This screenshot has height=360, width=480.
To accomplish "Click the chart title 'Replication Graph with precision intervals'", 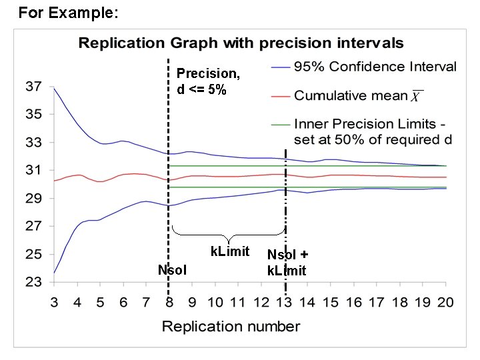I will click(x=241, y=43).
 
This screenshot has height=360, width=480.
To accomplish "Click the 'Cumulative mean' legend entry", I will click(x=351, y=95).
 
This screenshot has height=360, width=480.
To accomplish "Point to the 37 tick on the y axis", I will click(x=33, y=86).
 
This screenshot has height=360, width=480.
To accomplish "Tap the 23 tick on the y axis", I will click(x=33, y=282).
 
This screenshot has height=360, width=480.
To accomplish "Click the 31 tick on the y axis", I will click(x=33, y=170).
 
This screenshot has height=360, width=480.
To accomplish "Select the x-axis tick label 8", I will click(x=169, y=302).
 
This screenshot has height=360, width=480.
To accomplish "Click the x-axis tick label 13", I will click(x=285, y=302).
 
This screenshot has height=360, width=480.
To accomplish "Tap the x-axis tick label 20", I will click(x=445, y=302).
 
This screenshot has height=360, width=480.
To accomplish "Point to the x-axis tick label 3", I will click(x=54, y=302).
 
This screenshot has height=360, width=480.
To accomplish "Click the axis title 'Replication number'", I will click(x=231, y=327).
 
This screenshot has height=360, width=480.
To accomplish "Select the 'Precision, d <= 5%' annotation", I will click(x=207, y=81).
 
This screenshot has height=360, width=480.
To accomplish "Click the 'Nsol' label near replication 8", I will click(x=172, y=270).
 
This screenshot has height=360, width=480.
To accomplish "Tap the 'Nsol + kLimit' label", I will click(x=287, y=263).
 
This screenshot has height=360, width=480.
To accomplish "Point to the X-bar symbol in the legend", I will click(x=415, y=97).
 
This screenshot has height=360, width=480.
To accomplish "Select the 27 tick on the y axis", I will click(x=33, y=226).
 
